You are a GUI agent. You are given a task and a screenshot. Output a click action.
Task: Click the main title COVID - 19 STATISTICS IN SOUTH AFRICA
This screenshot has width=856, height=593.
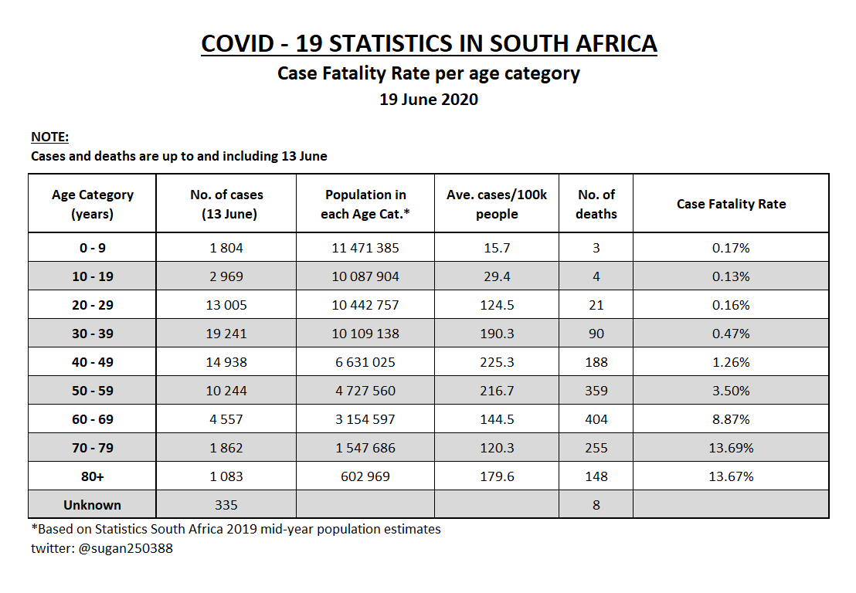(429, 43)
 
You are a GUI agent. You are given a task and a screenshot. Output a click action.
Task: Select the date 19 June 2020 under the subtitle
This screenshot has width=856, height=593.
(429, 100)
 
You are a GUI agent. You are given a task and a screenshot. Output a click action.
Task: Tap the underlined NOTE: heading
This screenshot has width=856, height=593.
(49, 137)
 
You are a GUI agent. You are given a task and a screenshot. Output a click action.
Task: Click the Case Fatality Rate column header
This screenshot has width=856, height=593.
(731, 204)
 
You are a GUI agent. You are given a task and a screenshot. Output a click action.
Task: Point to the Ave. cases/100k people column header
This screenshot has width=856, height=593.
(497, 204)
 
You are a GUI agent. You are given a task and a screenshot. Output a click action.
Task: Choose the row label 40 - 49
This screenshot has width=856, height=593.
(93, 362)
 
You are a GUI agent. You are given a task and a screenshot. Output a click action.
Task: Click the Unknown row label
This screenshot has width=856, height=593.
(93, 505)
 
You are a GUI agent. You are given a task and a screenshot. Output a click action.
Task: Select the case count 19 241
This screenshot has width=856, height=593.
(226, 334)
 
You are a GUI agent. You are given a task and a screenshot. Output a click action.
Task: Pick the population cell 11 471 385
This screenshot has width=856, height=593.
(365, 248)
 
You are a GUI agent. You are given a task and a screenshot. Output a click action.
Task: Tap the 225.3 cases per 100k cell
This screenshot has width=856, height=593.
(497, 362)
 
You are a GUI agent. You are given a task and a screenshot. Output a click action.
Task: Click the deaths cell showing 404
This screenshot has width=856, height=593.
(596, 419)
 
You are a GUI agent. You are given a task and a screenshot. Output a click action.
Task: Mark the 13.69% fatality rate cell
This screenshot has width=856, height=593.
(731, 448)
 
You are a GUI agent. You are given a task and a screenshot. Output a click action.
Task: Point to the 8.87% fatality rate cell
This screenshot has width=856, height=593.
(731, 419)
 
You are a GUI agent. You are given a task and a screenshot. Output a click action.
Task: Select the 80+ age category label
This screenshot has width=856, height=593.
(93, 476)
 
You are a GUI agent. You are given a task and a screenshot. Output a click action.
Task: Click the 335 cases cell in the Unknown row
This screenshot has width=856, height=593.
(226, 505)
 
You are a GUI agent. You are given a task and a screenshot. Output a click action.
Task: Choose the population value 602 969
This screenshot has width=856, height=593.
(365, 476)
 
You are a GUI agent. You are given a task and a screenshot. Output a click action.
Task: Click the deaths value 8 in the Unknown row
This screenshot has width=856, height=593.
(596, 505)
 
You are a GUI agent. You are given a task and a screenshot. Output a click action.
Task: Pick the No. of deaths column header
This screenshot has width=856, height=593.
(596, 204)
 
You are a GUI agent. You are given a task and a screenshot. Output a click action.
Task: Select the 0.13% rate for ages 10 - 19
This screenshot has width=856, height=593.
(731, 276)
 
